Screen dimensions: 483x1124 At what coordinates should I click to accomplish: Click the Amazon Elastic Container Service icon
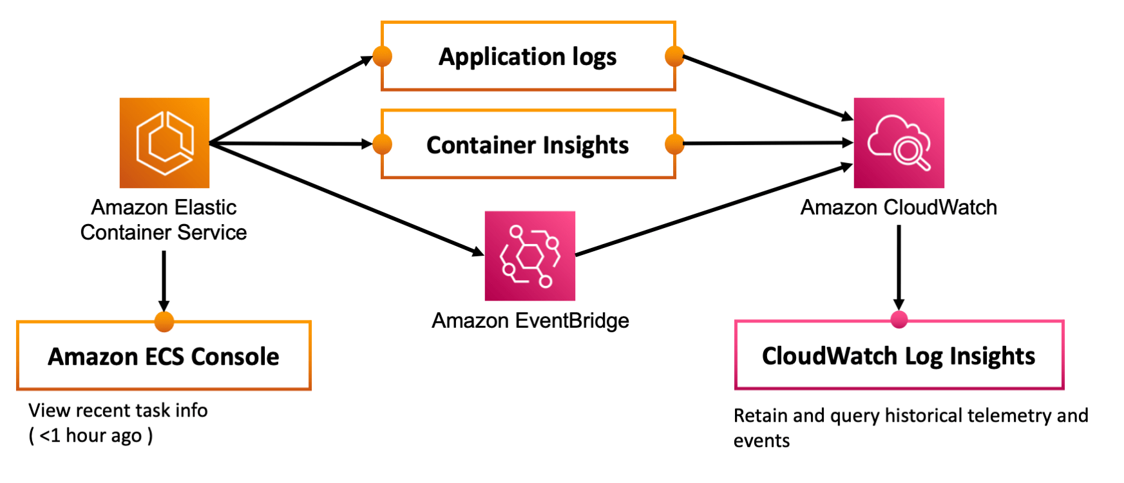click(x=164, y=143)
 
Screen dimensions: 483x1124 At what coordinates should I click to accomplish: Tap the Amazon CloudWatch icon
click(x=899, y=143)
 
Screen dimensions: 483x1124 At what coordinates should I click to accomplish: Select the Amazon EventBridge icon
click(x=529, y=256)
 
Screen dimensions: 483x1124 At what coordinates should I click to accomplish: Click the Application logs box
click(x=528, y=57)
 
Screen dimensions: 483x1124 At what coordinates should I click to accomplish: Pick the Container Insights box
click(x=528, y=145)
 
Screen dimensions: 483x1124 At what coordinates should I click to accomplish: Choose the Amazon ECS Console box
click(x=164, y=356)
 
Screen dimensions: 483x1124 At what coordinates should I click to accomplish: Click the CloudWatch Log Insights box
click(x=899, y=355)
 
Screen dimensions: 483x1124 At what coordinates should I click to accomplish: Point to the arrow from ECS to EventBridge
click(x=348, y=199)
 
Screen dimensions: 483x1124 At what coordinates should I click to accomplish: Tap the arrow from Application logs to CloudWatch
click(x=767, y=87)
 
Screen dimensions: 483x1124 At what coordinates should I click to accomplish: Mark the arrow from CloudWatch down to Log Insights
click(x=899, y=267)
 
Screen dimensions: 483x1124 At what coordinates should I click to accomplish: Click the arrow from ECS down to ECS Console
click(x=164, y=280)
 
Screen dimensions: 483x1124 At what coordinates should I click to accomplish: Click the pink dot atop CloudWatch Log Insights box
click(x=899, y=319)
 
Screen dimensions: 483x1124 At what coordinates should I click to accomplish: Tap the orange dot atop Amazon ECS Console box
click(x=164, y=321)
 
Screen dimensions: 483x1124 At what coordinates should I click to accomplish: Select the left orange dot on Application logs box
click(x=383, y=57)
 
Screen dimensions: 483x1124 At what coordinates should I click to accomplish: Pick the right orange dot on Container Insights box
click(x=674, y=144)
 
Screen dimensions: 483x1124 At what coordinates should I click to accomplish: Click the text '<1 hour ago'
click(x=90, y=436)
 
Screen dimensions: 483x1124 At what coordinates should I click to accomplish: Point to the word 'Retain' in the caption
click(x=761, y=415)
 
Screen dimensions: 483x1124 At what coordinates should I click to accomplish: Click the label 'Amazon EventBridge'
click(x=529, y=320)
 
